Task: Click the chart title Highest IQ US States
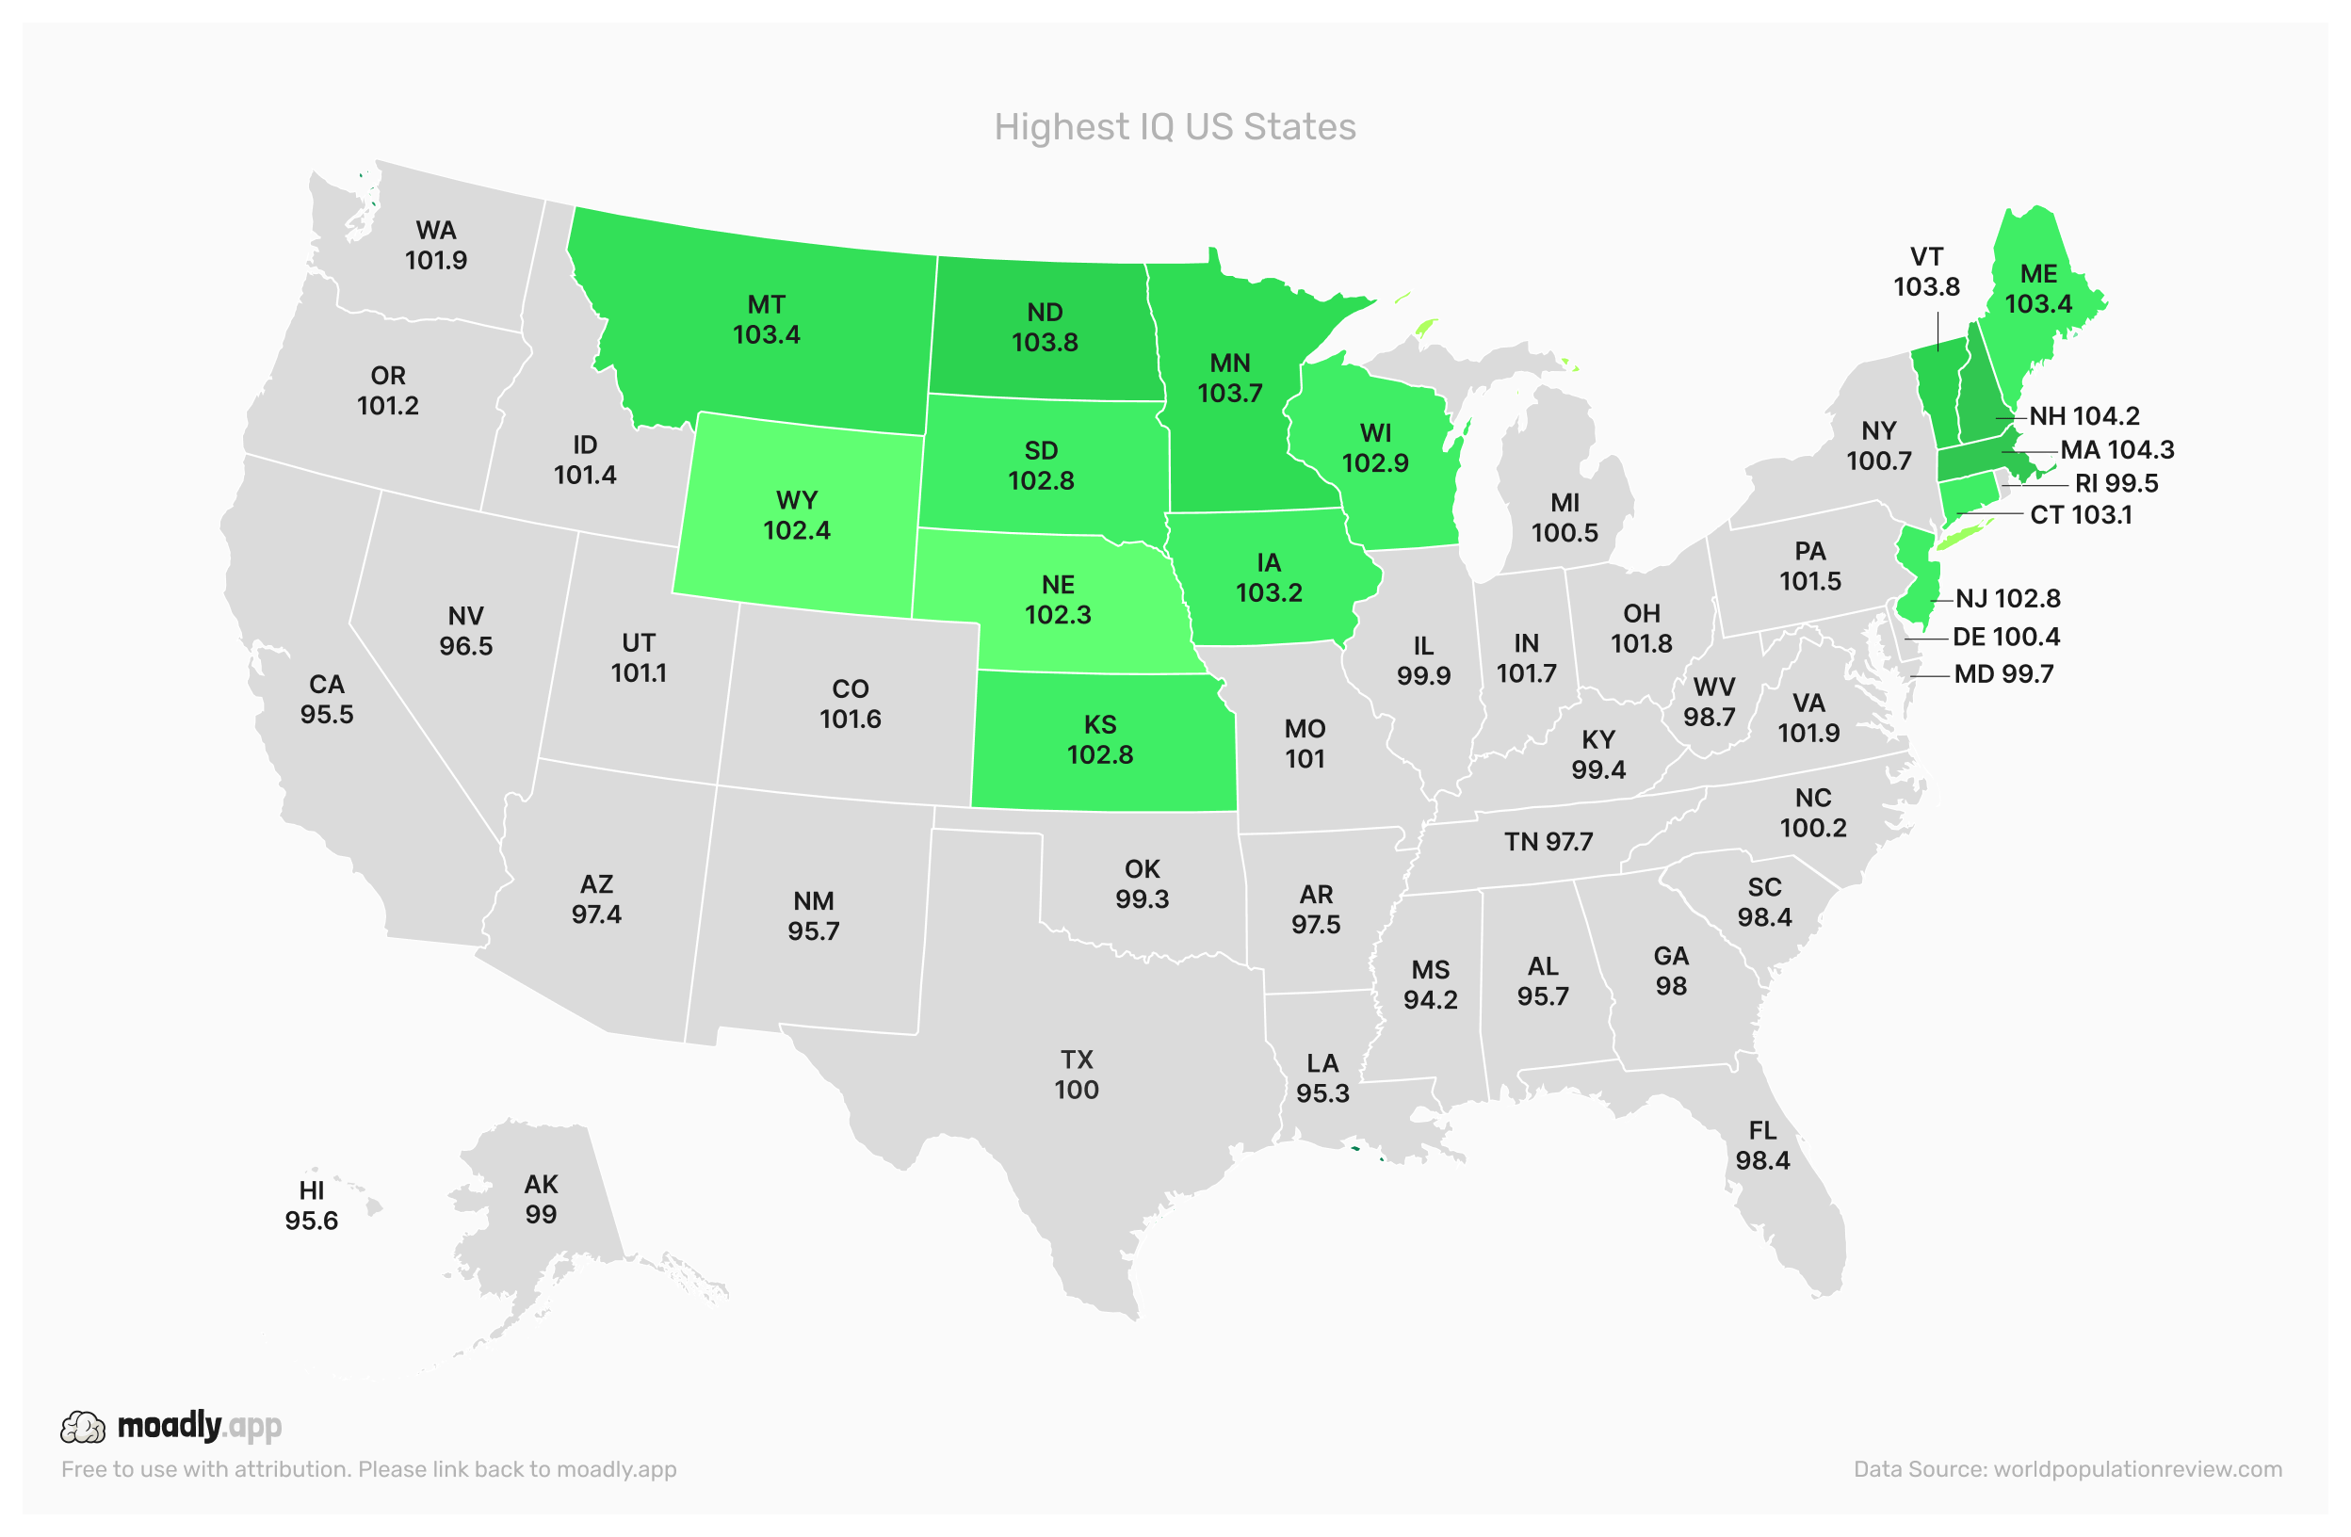click(1175, 126)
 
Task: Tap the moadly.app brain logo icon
click(82, 1428)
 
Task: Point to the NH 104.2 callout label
click(2084, 417)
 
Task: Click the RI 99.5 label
click(2116, 484)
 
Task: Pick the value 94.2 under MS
click(1431, 999)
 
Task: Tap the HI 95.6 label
click(311, 1206)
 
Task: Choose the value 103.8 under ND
click(1045, 343)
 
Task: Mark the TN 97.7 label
click(1548, 843)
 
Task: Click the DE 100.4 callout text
click(2005, 638)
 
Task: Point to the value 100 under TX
click(1076, 1090)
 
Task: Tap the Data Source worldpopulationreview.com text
click(2067, 1469)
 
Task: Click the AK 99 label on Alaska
click(541, 1199)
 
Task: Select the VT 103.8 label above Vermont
click(1926, 271)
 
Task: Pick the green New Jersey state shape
click(1920, 583)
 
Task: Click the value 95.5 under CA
click(327, 714)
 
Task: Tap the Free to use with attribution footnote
click(368, 1469)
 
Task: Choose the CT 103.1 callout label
click(2081, 515)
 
